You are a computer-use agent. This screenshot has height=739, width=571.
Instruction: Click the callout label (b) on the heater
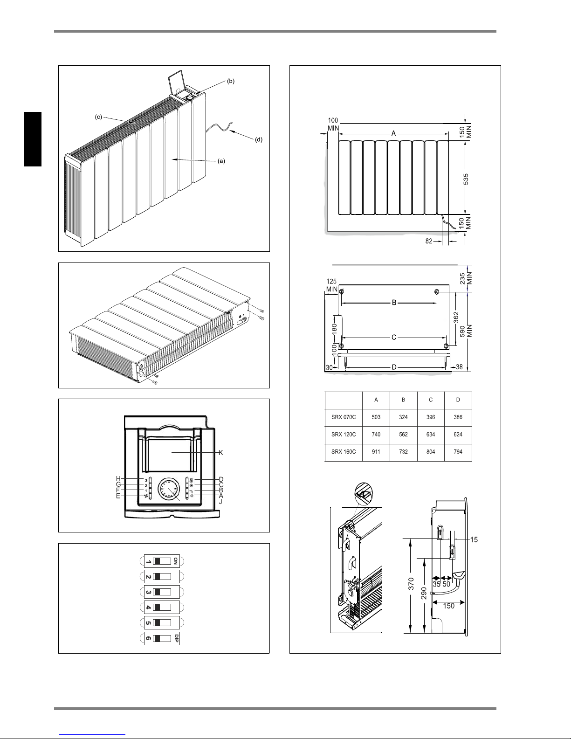(x=231, y=81)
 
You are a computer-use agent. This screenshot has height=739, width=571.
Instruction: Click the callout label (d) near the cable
(x=259, y=139)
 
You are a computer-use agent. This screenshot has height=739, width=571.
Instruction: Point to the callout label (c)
(x=98, y=117)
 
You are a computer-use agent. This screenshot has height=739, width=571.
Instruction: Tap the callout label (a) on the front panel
(x=221, y=161)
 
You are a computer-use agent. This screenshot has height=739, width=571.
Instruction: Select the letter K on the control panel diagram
(x=220, y=453)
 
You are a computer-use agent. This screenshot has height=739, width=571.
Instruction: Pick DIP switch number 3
(x=162, y=592)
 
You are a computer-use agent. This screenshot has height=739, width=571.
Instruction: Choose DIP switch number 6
(x=162, y=638)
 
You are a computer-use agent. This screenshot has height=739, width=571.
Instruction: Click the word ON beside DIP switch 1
(x=175, y=561)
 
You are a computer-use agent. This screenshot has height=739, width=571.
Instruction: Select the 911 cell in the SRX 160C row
(x=376, y=452)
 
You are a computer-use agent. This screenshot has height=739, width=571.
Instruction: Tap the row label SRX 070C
(x=344, y=417)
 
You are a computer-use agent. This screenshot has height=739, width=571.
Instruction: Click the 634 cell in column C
(x=431, y=435)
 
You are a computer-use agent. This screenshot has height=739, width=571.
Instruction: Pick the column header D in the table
(x=458, y=400)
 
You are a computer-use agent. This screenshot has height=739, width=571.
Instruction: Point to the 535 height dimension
(x=466, y=179)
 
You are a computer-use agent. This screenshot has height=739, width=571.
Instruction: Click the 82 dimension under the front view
(x=429, y=241)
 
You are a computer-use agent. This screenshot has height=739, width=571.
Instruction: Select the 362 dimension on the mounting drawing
(x=456, y=318)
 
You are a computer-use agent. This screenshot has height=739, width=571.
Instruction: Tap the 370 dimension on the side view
(x=411, y=584)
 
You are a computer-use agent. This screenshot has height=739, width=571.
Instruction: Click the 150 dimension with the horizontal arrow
(x=448, y=606)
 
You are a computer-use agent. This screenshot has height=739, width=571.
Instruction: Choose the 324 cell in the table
(x=404, y=417)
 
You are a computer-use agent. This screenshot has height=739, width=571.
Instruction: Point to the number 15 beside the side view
(x=474, y=540)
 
